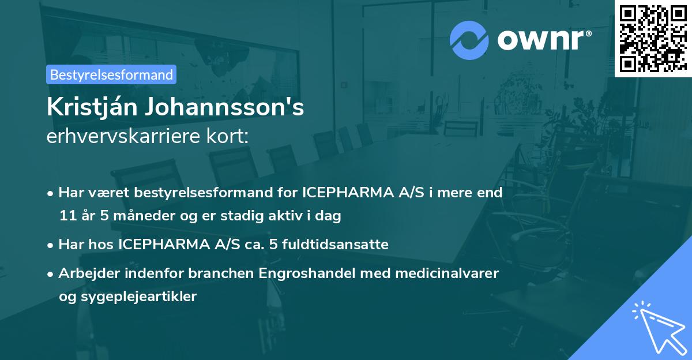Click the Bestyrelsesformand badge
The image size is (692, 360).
click(111, 74)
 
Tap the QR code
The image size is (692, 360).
click(653, 38)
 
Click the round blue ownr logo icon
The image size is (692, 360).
click(469, 40)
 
